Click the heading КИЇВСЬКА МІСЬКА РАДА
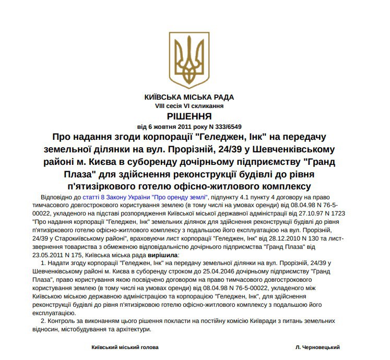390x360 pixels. [190, 97]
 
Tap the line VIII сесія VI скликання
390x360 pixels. [190, 106]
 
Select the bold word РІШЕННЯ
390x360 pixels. [190, 116]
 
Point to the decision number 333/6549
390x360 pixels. [227, 126]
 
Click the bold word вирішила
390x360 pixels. [163, 256]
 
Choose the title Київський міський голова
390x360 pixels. [125, 346]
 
